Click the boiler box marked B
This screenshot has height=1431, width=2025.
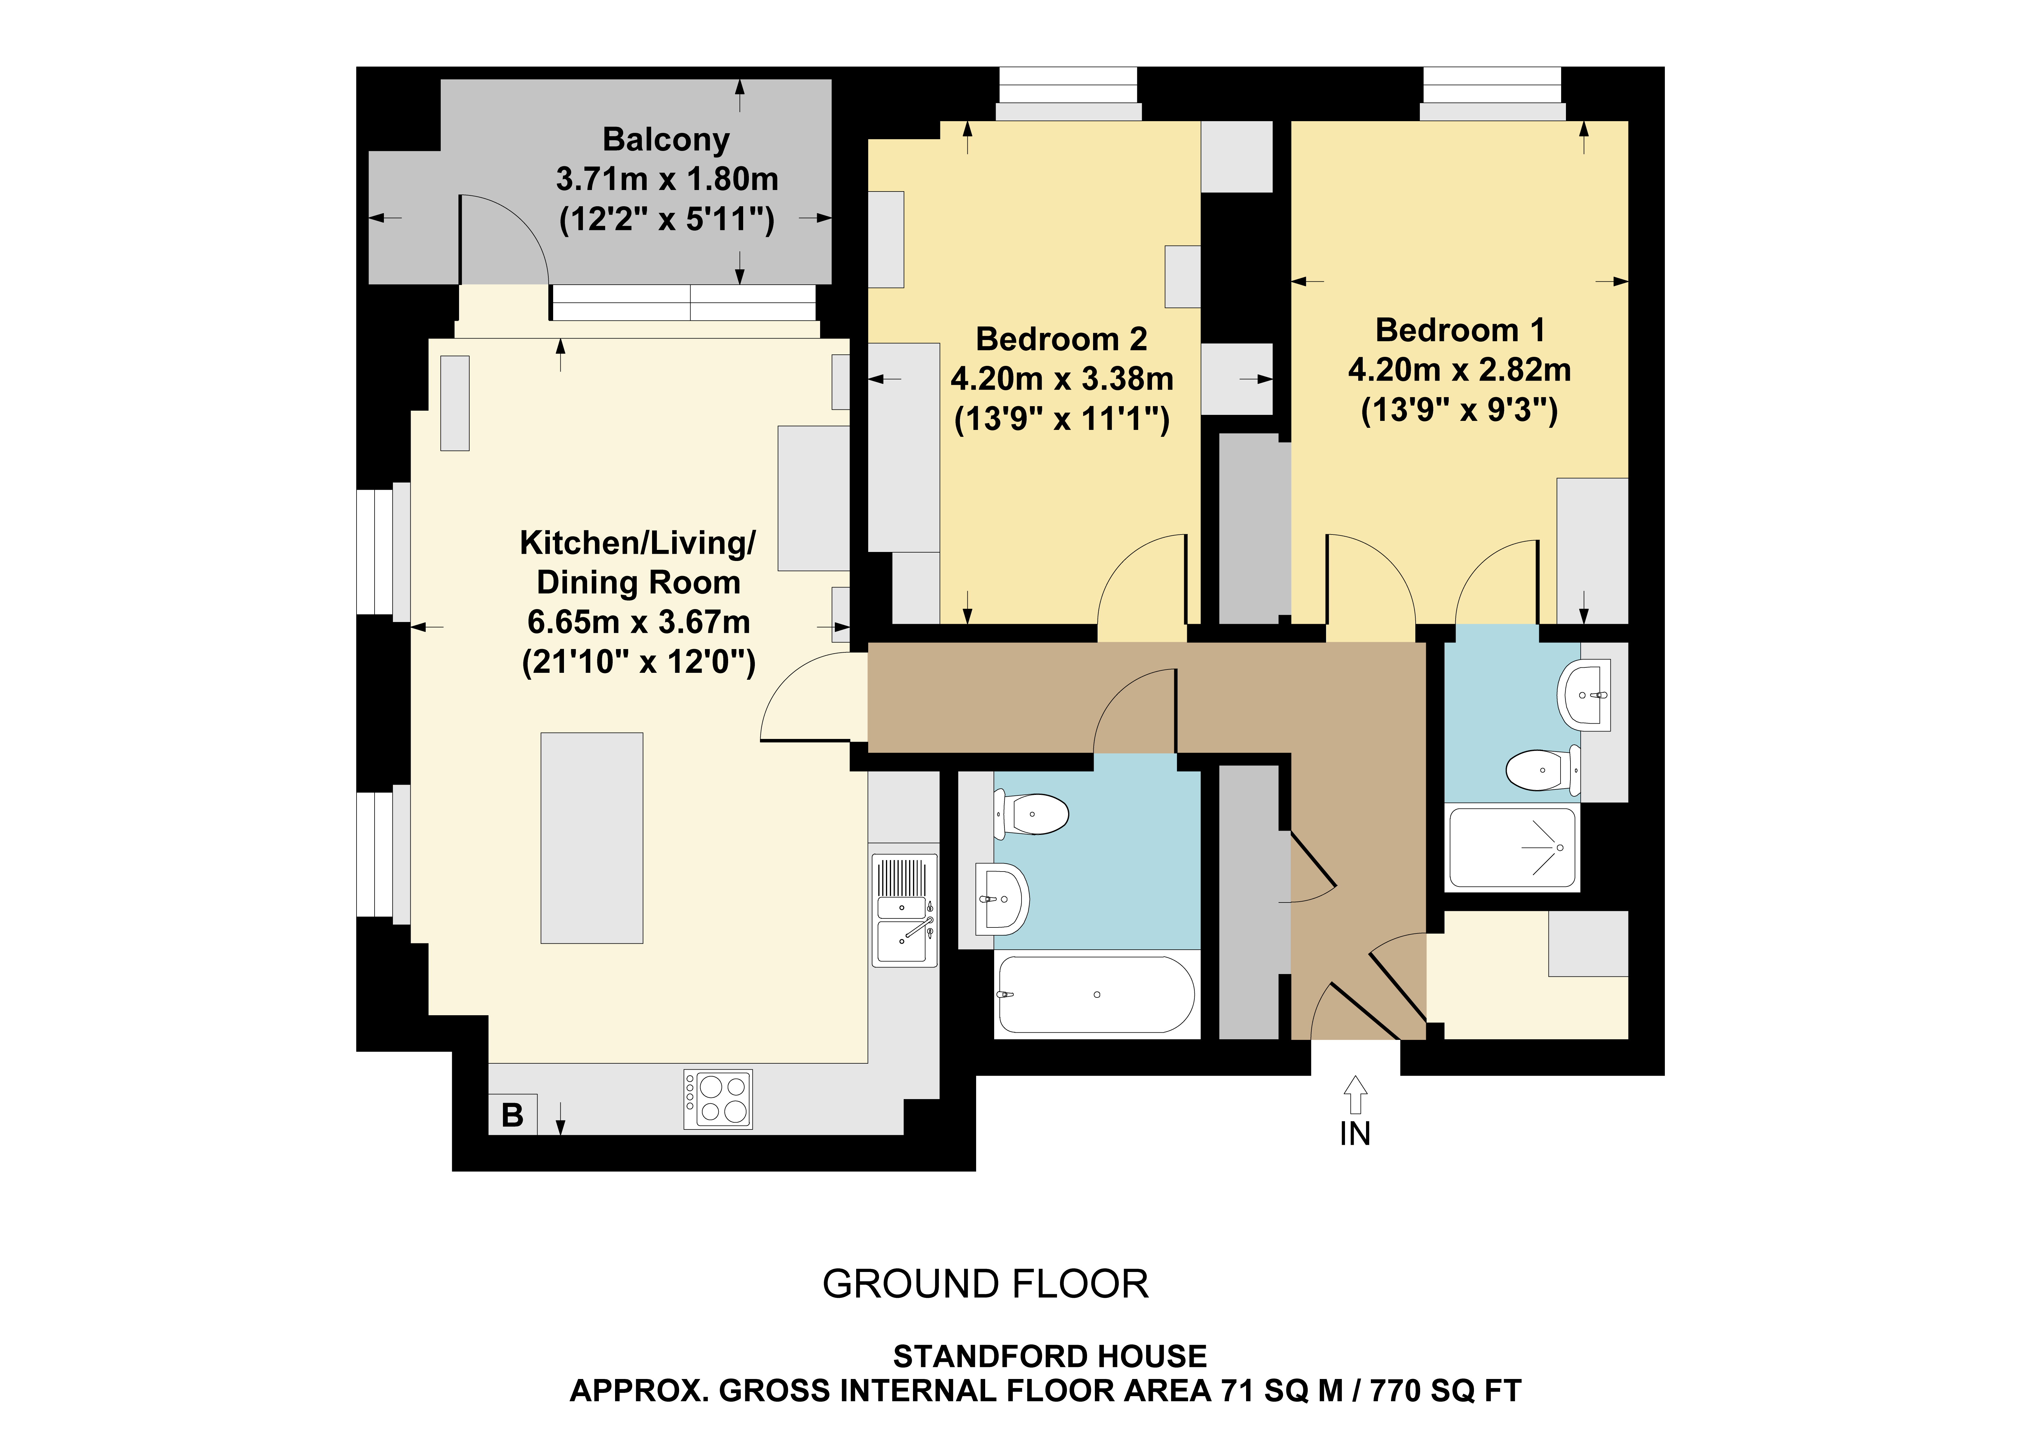coord(513,1114)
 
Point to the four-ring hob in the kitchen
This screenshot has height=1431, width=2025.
coord(718,1099)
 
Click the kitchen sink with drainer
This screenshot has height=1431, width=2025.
coord(904,910)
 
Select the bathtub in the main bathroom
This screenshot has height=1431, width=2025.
coord(1096,994)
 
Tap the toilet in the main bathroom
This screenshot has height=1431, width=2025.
coord(1032,814)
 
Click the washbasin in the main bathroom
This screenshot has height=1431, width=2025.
coord(1003,899)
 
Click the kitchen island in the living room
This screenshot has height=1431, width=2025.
coord(592,838)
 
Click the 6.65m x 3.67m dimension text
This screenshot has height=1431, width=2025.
coord(639,622)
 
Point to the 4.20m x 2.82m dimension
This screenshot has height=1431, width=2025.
coord(1460,370)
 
